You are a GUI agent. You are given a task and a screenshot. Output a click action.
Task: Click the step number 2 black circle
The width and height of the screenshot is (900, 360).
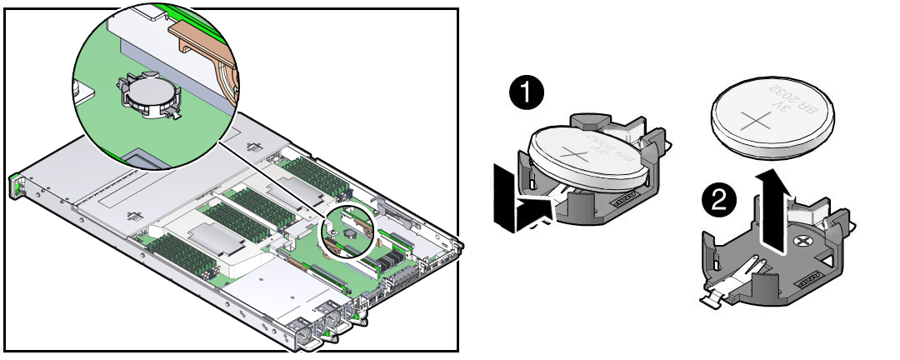pyautogui.click(x=718, y=199)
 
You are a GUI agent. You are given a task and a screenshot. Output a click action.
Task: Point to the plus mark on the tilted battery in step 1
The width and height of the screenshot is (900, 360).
pyautogui.click(x=574, y=152)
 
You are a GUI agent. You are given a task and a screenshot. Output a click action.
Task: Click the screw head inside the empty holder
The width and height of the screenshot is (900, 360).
pyautogui.click(x=802, y=241)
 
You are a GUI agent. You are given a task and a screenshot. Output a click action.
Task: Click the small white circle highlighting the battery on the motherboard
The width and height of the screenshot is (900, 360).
pyautogui.click(x=347, y=232)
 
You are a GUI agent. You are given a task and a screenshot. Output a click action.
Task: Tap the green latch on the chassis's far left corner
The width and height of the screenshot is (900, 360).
pyautogui.click(x=14, y=185)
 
